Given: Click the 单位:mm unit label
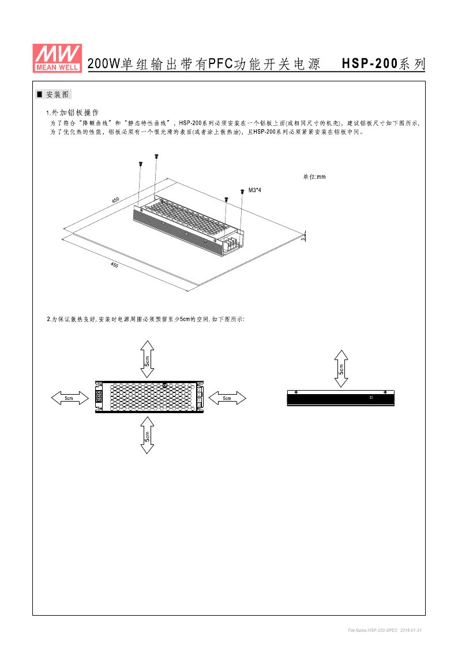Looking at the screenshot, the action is pos(314,177).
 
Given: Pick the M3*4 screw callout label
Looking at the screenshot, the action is pos(255,190).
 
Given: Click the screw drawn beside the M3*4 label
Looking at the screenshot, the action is pos(241,191).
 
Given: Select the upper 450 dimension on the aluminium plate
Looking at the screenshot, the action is pos(115,200).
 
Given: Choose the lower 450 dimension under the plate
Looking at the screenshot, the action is pos(114,264).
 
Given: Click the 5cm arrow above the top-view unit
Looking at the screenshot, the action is pos(147,358).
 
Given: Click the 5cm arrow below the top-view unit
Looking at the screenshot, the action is pos(147,435).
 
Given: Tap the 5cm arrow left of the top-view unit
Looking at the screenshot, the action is pos(68,398).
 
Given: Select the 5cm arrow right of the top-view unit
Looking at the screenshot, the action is pos(227,398).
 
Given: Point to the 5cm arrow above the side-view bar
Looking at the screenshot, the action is pos(342,368).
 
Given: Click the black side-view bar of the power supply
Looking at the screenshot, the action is pos(341,398).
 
